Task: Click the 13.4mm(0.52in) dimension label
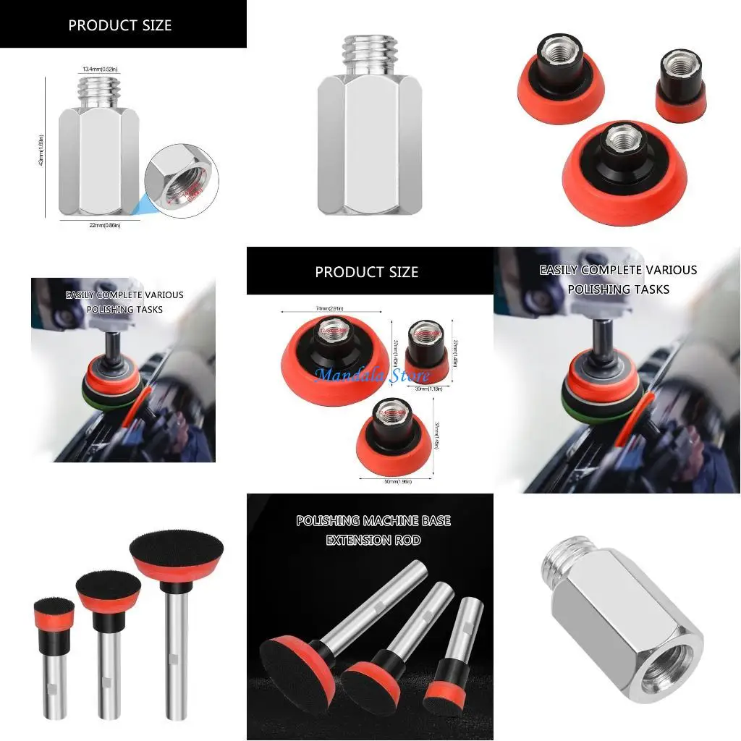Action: (x=100, y=69)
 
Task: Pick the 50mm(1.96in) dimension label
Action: (x=397, y=480)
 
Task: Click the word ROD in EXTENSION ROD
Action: (x=405, y=540)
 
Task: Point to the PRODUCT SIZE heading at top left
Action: (x=119, y=25)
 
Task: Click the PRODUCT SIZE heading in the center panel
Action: (x=366, y=272)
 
